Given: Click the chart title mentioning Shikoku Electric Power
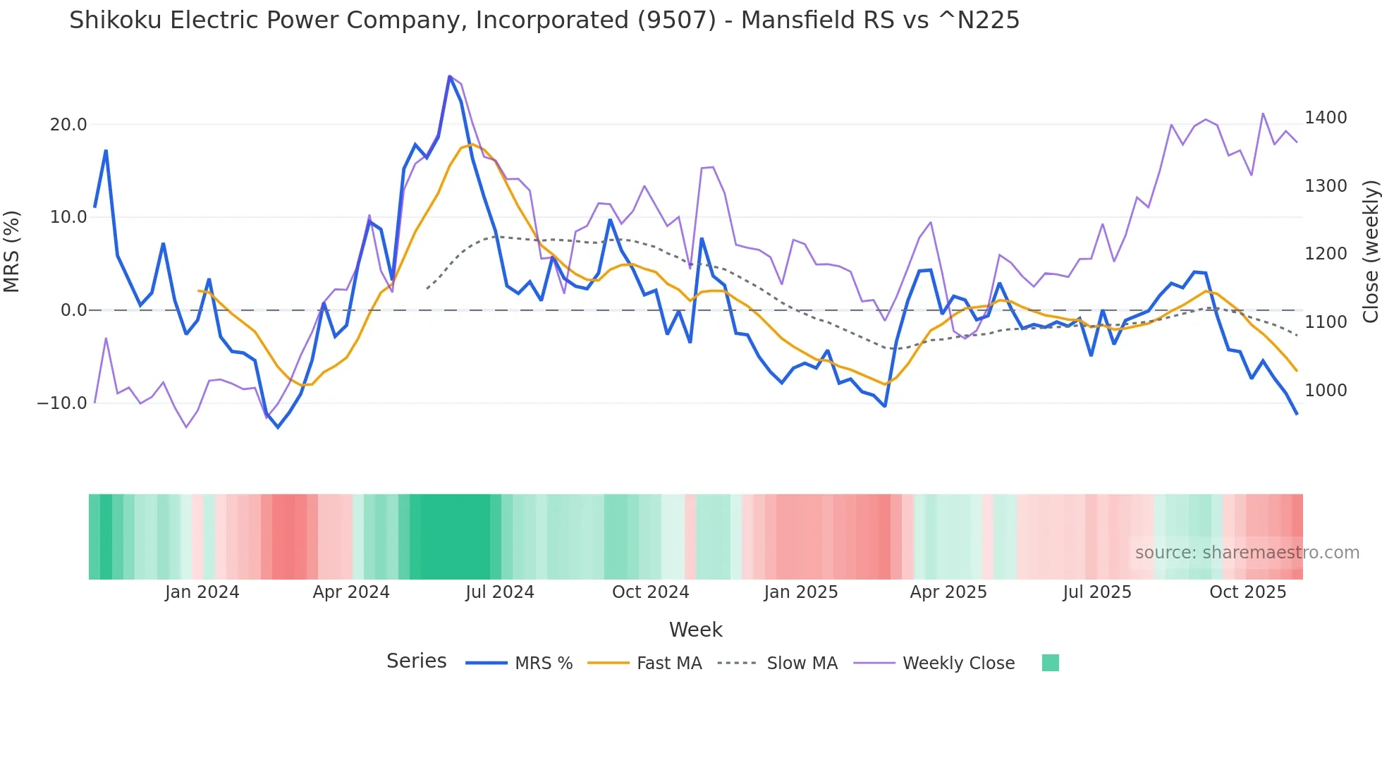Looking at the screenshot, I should (x=544, y=20).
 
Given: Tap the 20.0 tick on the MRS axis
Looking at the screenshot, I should (x=68, y=125).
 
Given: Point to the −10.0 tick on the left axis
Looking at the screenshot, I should (x=62, y=403).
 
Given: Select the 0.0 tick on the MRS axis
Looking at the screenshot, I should (x=73, y=310).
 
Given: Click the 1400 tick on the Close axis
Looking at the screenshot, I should (x=1326, y=118).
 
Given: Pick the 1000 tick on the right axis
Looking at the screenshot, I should (x=1326, y=390).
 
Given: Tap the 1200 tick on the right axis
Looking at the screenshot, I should (x=1326, y=254).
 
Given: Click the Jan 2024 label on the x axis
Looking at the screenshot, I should (x=202, y=592).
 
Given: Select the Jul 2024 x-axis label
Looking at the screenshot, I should (x=500, y=592).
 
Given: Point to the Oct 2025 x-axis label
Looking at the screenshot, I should (x=1248, y=592).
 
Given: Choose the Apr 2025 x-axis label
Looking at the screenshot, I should (x=948, y=592).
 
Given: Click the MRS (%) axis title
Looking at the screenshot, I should (x=12, y=252).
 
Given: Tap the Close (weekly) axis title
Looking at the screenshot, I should (x=1370, y=252).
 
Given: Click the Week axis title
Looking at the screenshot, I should (x=695, y=630).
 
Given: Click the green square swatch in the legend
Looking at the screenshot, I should (x=1050, y=663).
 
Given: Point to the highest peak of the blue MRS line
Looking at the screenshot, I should (x=450, y=76).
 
